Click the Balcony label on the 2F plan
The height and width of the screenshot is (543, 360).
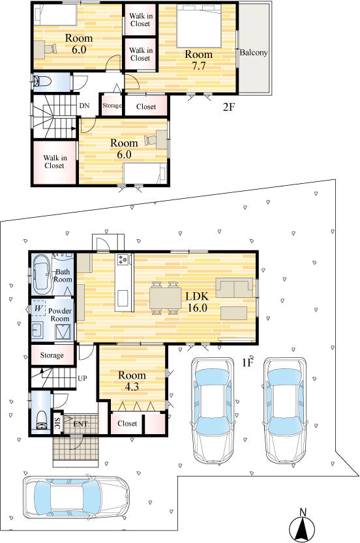(254, 53)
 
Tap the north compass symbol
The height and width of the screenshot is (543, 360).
(302, 525)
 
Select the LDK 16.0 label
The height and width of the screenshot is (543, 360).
(197, 302)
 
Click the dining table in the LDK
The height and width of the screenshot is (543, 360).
(165, 298)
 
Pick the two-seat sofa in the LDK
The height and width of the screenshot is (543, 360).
(235, 287)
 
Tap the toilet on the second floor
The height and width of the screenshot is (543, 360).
(42, 81)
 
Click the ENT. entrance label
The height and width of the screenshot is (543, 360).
(81, 424)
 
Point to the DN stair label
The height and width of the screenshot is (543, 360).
(84, 106)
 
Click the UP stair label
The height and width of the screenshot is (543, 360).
(82, 378)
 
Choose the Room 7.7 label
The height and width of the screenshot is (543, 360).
(198, 60)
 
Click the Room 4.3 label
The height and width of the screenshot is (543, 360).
(132, 381)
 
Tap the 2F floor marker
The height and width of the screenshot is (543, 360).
(229, 107)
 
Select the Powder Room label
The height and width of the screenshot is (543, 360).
(60, 314)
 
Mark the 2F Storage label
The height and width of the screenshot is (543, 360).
(112, 106)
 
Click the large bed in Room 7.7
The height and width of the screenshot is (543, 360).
(199, 26)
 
